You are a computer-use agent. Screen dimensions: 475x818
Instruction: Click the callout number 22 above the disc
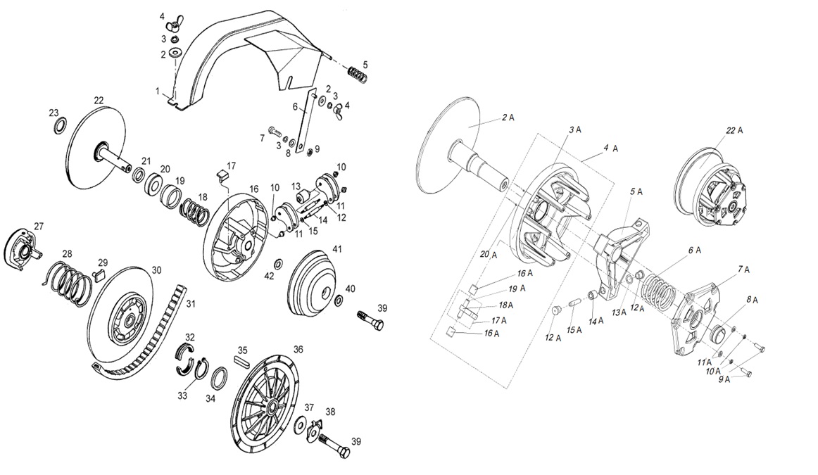(98, 101)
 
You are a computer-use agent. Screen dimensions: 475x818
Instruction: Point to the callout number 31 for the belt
(189, 304)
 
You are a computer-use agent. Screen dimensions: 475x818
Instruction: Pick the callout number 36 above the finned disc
(298, 350)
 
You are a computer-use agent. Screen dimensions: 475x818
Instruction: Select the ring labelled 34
(219, 378)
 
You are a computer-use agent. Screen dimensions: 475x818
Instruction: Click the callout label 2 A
(508, 118)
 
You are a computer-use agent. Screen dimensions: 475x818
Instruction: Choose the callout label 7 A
(743, 269)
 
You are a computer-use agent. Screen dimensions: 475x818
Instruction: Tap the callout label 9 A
(724, 379)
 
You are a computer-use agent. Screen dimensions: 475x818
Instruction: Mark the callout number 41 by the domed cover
(337, 249)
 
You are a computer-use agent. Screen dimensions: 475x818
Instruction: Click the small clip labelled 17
(224, 175)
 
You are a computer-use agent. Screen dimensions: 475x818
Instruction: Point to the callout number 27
(39, 226)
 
